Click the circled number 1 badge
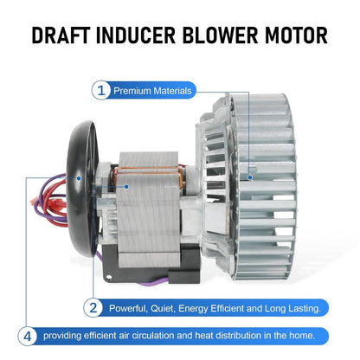101,91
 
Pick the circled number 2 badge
93,308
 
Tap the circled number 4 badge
28,337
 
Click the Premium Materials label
152,91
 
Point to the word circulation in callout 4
153,336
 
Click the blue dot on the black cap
79,178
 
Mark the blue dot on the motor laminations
126,187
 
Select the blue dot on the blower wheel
250,177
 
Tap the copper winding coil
147,170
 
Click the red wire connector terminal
57,199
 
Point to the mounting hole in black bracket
109,277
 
